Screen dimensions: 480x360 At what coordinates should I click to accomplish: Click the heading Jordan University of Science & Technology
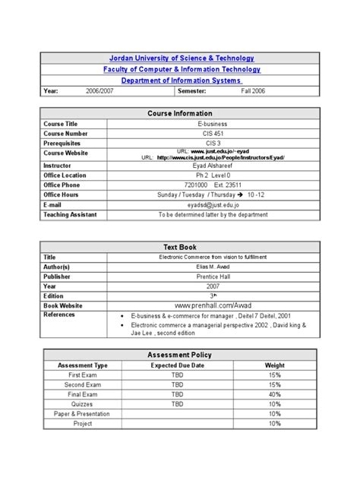(181, 58)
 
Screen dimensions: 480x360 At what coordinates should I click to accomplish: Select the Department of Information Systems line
(181, 81)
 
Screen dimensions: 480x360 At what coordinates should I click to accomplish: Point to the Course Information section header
(181, 113)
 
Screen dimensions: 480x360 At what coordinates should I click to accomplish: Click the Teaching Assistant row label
(70, 215)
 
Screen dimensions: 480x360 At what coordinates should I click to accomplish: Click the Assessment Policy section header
(181, 355)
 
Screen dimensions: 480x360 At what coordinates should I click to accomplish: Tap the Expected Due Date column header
(177, 365)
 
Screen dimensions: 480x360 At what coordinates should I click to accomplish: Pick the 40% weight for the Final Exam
(274, 395)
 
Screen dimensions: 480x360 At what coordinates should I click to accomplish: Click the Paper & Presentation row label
(83, 414)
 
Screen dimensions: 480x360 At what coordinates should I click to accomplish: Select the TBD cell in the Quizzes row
(177, 405)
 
